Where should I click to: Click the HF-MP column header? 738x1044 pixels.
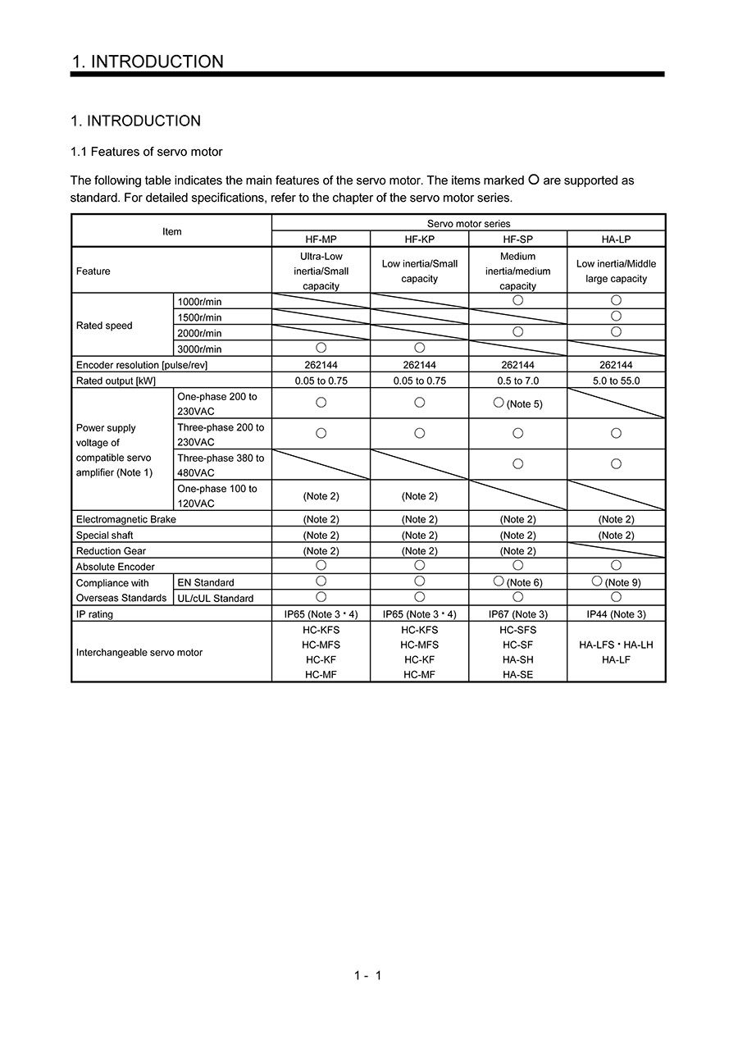(x=321, y=239)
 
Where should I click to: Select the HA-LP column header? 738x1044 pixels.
(x=616, y=239)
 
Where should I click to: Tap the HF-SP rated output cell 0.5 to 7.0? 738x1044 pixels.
(x=517, y=381)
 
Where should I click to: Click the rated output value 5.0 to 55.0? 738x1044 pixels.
(x=616, y=381)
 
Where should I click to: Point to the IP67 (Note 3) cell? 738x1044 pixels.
(x=517, y=614)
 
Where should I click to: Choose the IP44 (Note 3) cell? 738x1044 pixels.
(x=616, y=614)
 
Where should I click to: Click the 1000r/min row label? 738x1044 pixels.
(x=199, y=302)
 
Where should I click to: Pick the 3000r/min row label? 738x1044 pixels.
(x=199, y=349)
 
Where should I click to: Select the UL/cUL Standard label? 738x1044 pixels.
(x=216, y=599)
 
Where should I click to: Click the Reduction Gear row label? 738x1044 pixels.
(x=111, y=551)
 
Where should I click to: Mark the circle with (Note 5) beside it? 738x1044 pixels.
(x=499, y=403)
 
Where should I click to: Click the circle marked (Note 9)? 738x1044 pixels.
(x=597, y=581)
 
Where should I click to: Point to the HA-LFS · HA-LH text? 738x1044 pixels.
(x=616, y=645)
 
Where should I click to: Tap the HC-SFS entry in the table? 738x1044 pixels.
(x=517, y=630)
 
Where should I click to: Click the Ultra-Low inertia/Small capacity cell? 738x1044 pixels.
(x=321, y=271)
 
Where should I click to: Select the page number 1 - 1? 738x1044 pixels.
(x=368, y=975)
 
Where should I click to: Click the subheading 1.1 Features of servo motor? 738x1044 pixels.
(x=146, y=152)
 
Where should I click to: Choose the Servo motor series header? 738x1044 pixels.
(x=468, y=223)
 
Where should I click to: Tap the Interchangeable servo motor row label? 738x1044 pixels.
(x=139, y=653)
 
